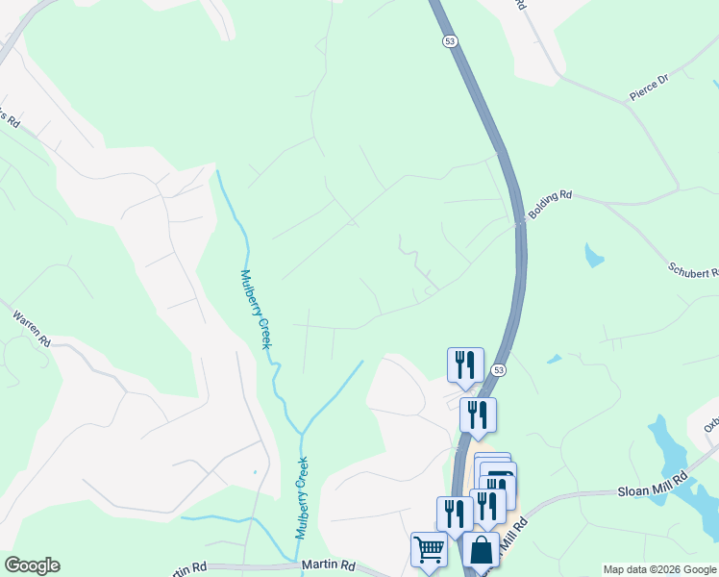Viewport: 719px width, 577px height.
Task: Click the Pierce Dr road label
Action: coord(649,87)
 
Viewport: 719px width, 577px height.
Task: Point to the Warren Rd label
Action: coord(32,327)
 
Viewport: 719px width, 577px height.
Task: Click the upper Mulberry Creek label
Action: coord(256,308)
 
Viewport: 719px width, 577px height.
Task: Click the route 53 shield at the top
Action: coord(450,41)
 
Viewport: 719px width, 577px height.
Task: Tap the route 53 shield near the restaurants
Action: coord(498,370)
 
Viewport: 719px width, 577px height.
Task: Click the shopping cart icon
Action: coord(429,550)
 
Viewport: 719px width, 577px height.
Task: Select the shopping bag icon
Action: coord(481,550)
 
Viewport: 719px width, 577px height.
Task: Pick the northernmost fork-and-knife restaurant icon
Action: coord(465,364)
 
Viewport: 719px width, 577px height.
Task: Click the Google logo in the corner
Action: coord(32,565)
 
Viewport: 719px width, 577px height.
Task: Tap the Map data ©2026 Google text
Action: coord(659,569)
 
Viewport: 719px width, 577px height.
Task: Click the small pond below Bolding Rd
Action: coord(594,256)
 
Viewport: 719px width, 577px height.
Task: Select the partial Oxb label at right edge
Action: coord(711,423)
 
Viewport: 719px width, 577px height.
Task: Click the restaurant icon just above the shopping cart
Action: coord(454,514)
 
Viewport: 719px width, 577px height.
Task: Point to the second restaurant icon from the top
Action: coord(478,414)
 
